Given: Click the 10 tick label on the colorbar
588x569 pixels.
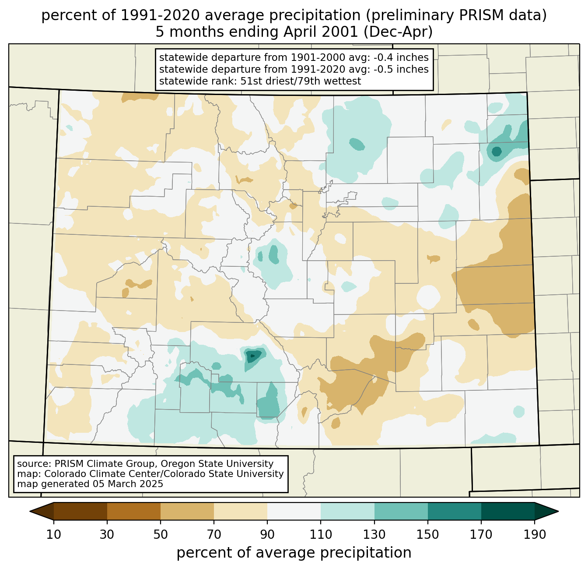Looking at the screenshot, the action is pyautogui.click(x=53, y=534).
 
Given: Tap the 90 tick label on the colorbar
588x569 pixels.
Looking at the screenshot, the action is pyautogui.click(x=267, y=534).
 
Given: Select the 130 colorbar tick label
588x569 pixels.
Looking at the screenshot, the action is pyautogui.click(x=374, y=534).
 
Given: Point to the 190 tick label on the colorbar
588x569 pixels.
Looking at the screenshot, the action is pyautogui.click(x=534, y=534).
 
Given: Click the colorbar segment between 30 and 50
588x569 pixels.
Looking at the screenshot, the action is pyautogui.click(x=133, y=511).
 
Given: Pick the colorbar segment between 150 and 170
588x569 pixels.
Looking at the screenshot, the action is pyautogui.click(x=454, y=511).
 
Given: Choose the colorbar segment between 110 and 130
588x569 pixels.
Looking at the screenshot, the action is pyautogui.click(x=347, y=511).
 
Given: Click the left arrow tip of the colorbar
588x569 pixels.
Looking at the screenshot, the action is pyautogui.click(x=30, y=511).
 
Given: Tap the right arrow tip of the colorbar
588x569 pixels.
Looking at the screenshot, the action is pyautogui.click(x=558, y=511).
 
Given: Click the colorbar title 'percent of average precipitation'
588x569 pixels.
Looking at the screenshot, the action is pyautogui.click(x=294, y=553).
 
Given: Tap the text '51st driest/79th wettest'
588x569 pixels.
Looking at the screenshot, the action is pyautogui.click(x=301, y=81).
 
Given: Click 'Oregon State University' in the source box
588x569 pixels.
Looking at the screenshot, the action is pyautogui.click(x=217, y=464).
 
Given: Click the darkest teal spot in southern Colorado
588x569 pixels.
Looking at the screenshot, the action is pyautogui.click(x=253, y=356).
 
